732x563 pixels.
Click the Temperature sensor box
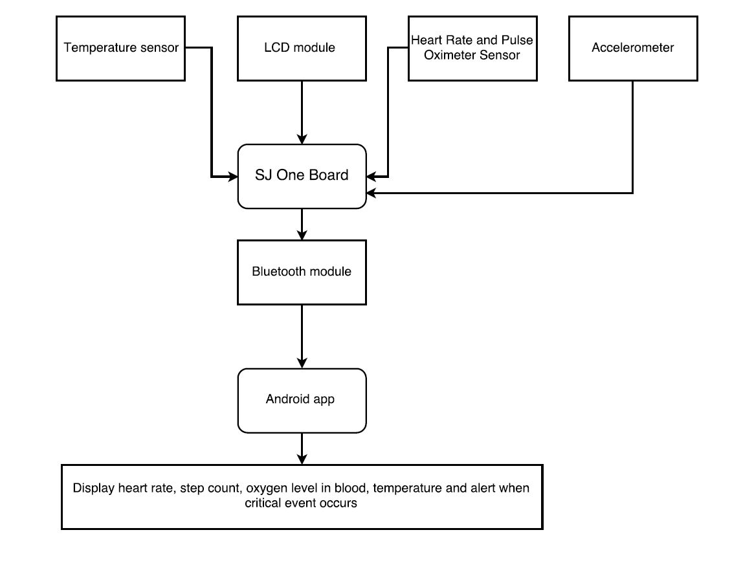click(120, 49)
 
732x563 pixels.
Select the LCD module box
click(302, 49)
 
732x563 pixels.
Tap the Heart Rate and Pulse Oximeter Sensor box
click(472, 49)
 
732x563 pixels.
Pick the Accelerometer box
click(633, 49)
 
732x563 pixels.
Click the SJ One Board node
click(302, 177)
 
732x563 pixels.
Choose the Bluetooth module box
click(302, 272)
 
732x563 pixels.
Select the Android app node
click(302, 401)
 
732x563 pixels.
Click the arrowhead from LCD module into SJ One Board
click(302, 139)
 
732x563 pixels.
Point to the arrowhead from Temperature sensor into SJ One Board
click(232, 177)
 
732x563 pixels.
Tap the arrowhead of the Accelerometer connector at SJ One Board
click(372, 192)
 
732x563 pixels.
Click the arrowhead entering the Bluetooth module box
click(302, 235)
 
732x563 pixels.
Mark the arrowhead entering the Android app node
click(302, 363)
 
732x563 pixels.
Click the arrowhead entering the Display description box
click(302, 459)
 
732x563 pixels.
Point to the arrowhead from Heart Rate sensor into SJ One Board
click(372, 177)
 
